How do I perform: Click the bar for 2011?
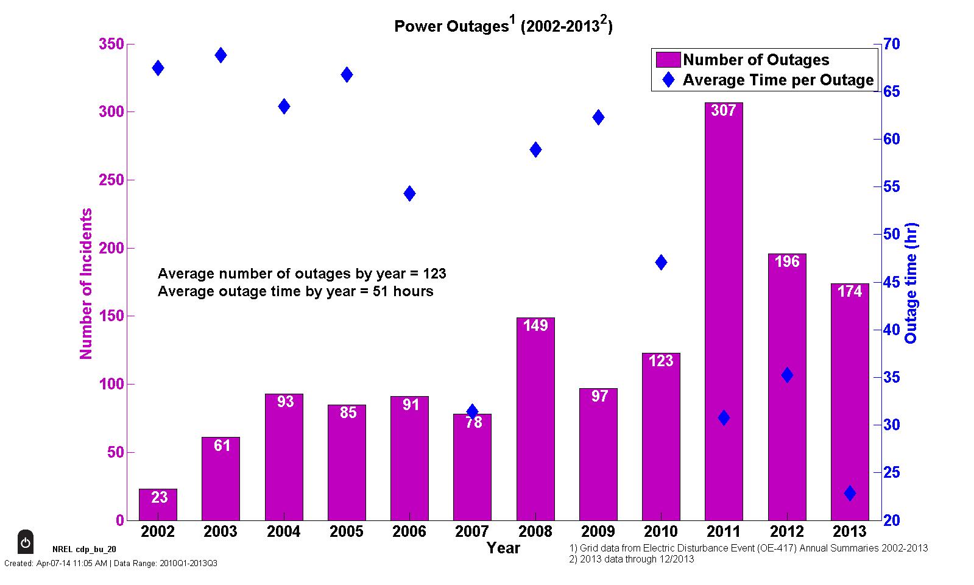click(724, 311)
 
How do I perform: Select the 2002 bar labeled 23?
click(158, 505)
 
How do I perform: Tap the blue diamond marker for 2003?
click(221, 55)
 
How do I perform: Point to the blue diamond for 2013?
click(850, 493)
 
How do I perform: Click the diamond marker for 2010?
click(661, 263)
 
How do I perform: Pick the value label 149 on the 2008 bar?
click(535, 326)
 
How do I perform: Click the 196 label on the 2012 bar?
click(786, 262)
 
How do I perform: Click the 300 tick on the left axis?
click(111, 112)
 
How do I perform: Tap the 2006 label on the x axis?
click(409, 531)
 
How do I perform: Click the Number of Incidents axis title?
click(86, 283)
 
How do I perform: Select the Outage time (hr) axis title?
click(911, 283)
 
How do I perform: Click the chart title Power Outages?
click(503, 26)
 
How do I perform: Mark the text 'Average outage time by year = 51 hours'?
click(295, 291)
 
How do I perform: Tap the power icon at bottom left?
click(25, 542)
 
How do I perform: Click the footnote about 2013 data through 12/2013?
click(631, 559)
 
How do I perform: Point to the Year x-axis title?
click(503, 548)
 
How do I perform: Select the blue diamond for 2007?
click(472, 411)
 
